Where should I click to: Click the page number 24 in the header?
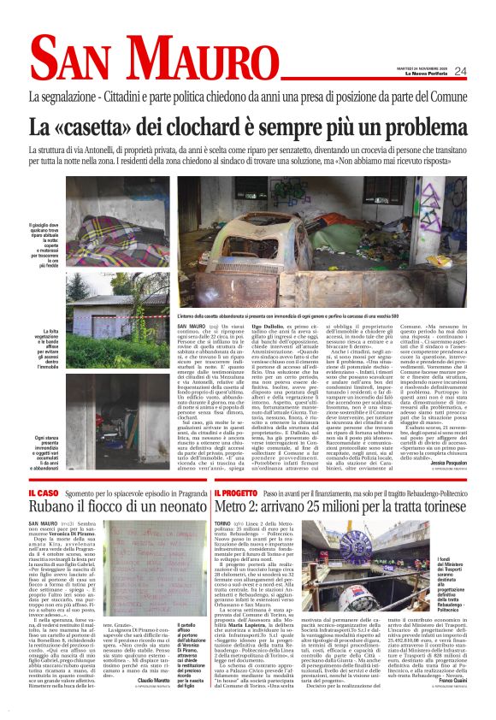[x=484, y=72]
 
